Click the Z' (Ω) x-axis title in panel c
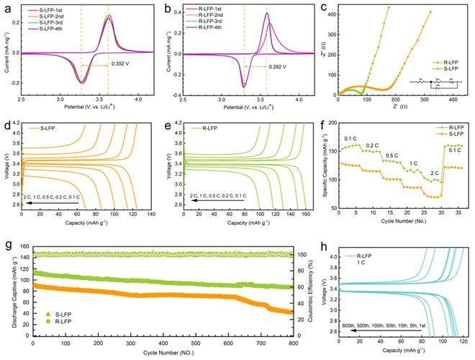pos(398,112)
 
